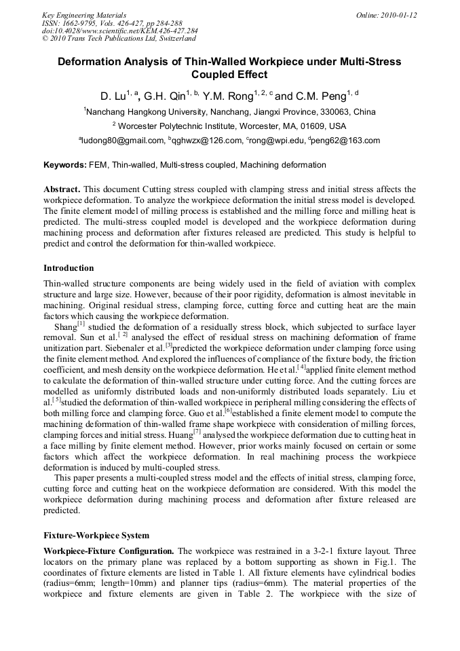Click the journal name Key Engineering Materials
point(84,15)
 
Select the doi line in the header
point(119,31)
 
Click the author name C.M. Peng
point(324,96)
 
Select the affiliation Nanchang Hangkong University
point(142,112)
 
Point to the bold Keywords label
point(65,165)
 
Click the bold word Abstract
point(62,189)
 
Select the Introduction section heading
point(69,268)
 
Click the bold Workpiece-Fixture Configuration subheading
point(109,551)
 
